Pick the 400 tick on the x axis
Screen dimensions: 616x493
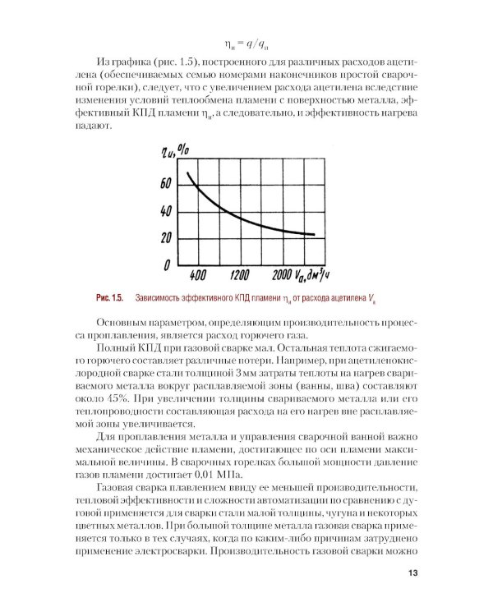pyautogui.click(x=197, y=274)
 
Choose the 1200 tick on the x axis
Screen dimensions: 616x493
pyautogui.click(x=239, y=274)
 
